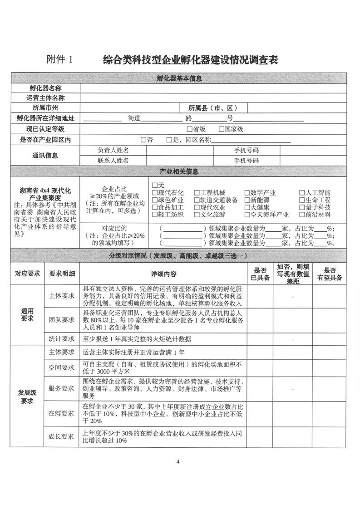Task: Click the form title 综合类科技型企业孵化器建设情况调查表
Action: pos(190,59)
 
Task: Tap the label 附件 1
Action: pos(60,60)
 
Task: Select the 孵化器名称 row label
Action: pos(45,88)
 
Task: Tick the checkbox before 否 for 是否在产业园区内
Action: pos(143,140)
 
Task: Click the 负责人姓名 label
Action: pos(113,150)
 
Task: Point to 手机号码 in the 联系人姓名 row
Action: pos(246,161)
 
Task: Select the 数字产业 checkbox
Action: pos(247,193)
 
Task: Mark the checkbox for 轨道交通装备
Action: pos(197,200)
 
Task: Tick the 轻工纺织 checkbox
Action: pos(155,215)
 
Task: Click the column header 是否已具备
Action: pos(260,274)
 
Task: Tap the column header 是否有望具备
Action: pos(330,274)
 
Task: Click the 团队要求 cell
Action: pos(61,319)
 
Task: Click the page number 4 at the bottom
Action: pos(178,462)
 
